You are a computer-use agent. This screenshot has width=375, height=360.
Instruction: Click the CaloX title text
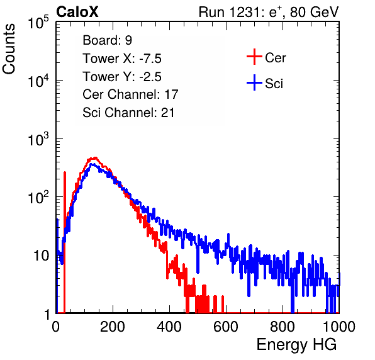pyautogui.click(x=77, y=12)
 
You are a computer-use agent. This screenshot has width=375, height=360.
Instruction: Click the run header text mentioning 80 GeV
pyautogui.click(x=269, y=12)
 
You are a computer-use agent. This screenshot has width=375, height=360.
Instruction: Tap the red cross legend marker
pyautogui.click(x=254, y=57)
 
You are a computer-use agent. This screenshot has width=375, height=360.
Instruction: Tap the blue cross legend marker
pyautogui.click(x=254, y=82)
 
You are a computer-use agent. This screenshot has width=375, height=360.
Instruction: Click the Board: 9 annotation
pyautogui.click(x=107, y=40)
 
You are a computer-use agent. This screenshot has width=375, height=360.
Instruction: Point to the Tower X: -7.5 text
pyautogui.click(x=122, y=59)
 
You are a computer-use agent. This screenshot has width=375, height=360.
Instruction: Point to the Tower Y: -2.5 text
pyautogui.click(x=122, y=77)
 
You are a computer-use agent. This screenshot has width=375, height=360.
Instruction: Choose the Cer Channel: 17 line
pyautogui.click(x=130, y=94)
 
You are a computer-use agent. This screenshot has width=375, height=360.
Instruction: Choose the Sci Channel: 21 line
pyautogui.click(x=128, y=113)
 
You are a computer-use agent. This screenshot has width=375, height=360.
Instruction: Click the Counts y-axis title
pyautogui.click(x=9, y=49)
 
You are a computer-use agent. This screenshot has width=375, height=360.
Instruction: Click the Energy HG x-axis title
pyautogui.click(x=296, y=344)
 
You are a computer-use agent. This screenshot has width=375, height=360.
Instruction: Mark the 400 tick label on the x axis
pyautogui.click(x=169, y=326)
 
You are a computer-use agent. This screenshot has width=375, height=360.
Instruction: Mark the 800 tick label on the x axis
pyautogui.click(x=283, y=326)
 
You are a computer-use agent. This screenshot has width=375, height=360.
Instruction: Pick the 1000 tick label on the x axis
pyautogui.click(x=339, y=326)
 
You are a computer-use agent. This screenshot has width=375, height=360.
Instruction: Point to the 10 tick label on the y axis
pyautogui.click(x=42, y=256)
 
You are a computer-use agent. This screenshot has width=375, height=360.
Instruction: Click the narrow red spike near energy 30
pyautogui.click(x=65, y=242)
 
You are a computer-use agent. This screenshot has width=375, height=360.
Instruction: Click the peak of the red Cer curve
pyautogui.click(x=95, y=158)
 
